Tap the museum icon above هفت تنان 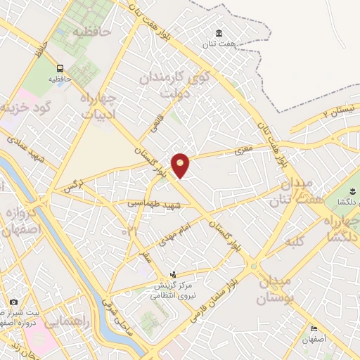pos(219,34)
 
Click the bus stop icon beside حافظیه pos(61,68)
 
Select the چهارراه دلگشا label pos(344,227)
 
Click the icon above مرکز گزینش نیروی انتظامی pos(174,274)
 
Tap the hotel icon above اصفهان pos(314,328)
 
